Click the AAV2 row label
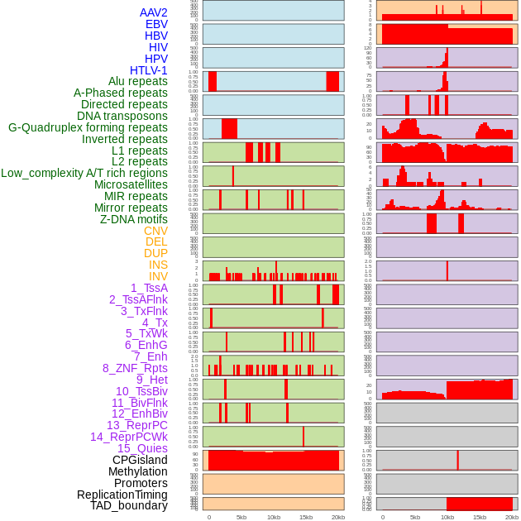(x=154, y=12)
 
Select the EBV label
(x=156, y=24)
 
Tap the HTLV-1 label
(x=149, y=70)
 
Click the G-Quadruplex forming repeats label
(x=88, y=127)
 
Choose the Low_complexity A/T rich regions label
(x=84, y=173)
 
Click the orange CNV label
(x=155, y=231)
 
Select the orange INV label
(x=158, y=276)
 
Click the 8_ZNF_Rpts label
(x=135, y=368)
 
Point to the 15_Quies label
(x=142, y=448)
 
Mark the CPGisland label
(x=140, y=460)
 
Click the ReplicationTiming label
(x=122, y=495)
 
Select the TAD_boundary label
(x=129, y=505)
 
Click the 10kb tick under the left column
(x=274, y=517)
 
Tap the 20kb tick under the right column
(x=512, y=517)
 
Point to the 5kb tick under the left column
(x=241, y=517)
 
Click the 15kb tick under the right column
(x=480, y=517)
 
